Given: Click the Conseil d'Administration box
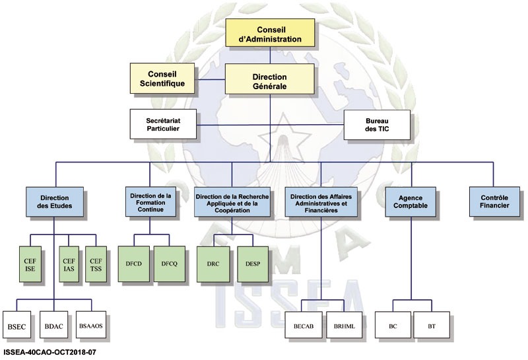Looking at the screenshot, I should click(269, 33).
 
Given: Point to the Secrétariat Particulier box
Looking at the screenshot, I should click(163, 124).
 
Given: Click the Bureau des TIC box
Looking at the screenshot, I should click(378, 123).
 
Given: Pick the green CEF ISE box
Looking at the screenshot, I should click(29, 264).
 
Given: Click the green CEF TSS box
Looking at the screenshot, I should click(96, 264).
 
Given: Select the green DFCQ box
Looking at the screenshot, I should click(170, 264).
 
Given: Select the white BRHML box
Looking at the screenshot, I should click(343, 327).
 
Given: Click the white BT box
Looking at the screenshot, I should click(432, 327).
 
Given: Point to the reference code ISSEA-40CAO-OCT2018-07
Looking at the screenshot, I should click(49, 353).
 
